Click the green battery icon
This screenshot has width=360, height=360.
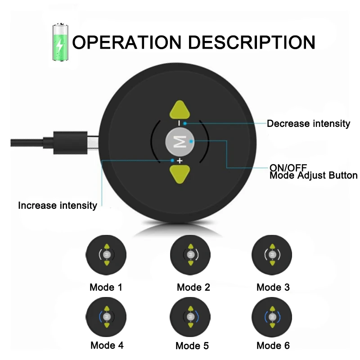(x=60, y=42)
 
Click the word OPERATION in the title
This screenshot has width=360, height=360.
(x=127, y=42)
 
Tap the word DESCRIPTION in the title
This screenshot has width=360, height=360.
(x=252, y=42)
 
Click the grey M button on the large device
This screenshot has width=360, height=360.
(x=180, y=142)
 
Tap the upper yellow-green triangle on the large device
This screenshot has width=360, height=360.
(x=180, y=110)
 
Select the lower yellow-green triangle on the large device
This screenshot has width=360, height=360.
(x=180, y=174)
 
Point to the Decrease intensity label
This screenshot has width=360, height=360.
(x=308, y=123)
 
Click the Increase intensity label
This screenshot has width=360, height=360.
(x=58, y=206)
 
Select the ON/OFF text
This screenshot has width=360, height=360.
(x=288, y=167)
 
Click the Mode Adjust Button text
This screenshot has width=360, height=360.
(x=313, y=175)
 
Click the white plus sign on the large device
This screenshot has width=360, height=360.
(x=180, y=161)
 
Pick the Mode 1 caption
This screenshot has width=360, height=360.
(x=106, y=287)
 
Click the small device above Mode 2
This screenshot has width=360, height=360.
(x=190, y=255)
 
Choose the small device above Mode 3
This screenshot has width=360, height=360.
(x=272, y=255)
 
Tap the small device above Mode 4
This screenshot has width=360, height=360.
(x=106, y=317)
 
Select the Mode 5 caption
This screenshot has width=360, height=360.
(x=192, y=346)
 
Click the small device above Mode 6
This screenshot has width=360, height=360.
(x=272, y=317)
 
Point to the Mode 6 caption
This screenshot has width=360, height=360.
(x=273, y=346)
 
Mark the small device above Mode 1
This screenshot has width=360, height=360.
(x=106, y=255)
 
